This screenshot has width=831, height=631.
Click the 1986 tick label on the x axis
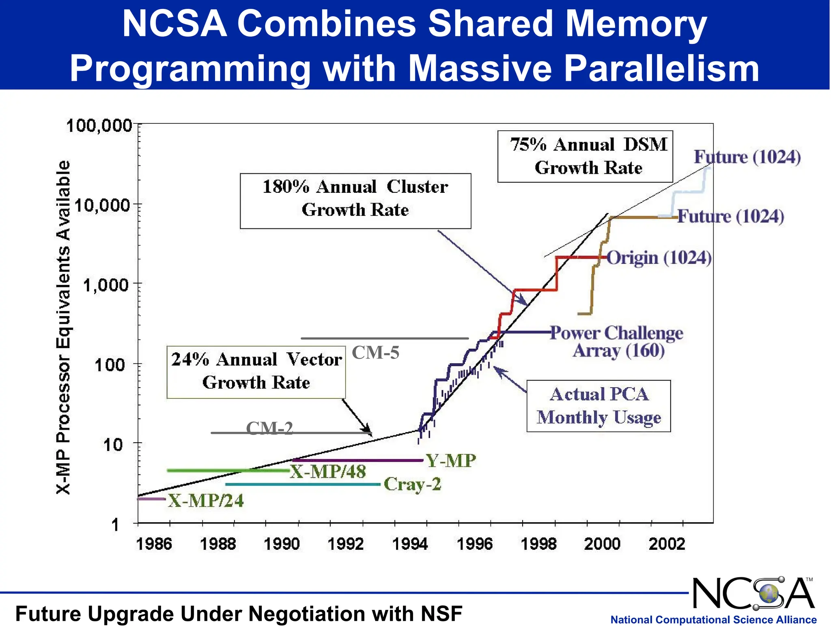154,544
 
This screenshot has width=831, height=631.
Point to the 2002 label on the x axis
667,544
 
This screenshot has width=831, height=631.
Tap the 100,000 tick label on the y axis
99,126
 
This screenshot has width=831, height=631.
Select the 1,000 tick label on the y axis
106,285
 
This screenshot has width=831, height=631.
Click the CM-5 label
375,353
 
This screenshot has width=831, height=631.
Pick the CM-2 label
269,428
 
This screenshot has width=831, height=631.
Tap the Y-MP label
450,461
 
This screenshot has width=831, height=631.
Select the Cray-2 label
412,484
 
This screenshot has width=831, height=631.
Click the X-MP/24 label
206,501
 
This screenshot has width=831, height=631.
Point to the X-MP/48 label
328,472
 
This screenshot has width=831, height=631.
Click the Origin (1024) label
659,258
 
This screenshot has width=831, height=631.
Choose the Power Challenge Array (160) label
617,342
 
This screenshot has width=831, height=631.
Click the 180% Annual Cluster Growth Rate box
355,201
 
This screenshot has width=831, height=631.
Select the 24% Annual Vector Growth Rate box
256,372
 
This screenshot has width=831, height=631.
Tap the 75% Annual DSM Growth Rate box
585,156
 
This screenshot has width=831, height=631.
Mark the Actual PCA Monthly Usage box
598,406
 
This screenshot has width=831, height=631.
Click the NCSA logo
753,594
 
